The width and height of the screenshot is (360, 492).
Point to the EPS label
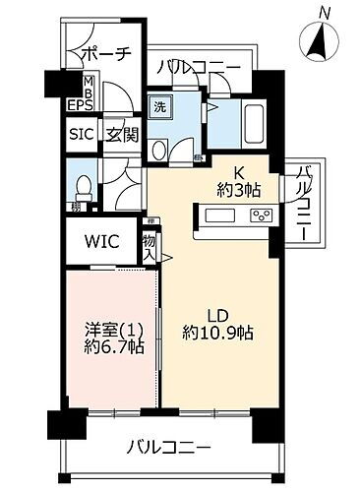point(81,103)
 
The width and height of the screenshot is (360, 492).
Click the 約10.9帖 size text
point(218,334)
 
